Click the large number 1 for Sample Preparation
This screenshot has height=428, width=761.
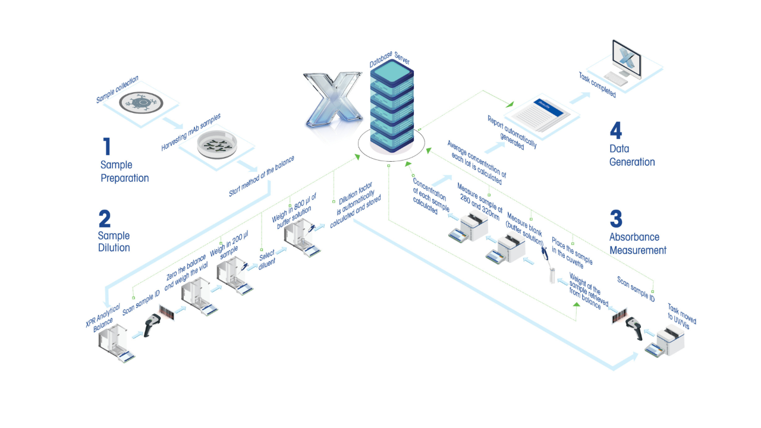click(x=107, y=147)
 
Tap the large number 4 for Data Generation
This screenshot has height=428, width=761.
click(x=616, y=131)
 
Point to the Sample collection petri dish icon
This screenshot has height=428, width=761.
click(x=141, y=102)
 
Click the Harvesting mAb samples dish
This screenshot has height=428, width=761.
click(x=216, y=145)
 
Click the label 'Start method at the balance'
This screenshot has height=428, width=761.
click(x=262, y=177)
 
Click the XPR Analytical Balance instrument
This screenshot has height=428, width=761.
click(x=117, y=343)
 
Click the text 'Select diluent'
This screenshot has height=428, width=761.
click(x=267, y=261)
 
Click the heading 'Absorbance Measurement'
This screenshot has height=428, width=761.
click(x=637, y=244)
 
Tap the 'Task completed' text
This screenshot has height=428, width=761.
click(x=597, y=85)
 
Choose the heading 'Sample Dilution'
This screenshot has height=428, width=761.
click(x=114, y=241)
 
